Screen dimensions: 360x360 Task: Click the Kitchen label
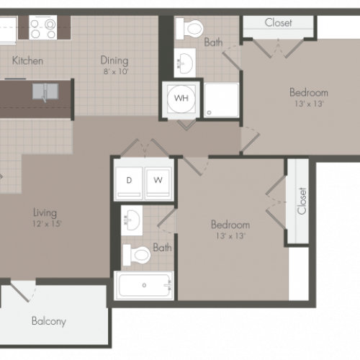27,60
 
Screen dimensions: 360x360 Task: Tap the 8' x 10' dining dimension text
116,71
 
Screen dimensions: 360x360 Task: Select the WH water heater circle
181,99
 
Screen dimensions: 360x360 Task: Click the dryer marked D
129,182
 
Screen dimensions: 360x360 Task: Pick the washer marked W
158,182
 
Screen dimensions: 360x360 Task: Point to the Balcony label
49,321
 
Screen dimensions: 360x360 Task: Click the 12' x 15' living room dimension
47,224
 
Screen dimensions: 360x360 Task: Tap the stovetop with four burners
43,27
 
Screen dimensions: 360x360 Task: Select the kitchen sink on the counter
45,91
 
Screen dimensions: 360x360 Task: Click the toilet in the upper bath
189,29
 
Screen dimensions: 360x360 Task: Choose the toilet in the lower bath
137,255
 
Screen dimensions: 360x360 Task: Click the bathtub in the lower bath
144,286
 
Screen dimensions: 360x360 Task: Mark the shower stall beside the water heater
221,100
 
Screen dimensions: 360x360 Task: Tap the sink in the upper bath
185,63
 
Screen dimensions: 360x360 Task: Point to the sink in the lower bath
132,220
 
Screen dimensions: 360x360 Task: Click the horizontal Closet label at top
279,22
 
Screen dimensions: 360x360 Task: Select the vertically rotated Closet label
302,201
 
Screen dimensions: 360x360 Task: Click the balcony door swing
23,291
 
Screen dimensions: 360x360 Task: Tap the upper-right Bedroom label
309,93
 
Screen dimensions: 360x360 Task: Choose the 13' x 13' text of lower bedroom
230,236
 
